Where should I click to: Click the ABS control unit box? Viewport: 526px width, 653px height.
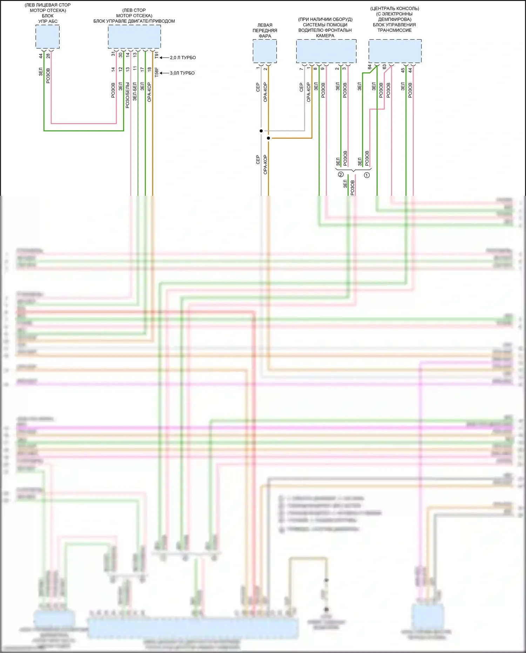point(48,36)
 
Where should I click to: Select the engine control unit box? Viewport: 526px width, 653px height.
point(134,36)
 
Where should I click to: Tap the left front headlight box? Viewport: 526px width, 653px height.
point(265,51)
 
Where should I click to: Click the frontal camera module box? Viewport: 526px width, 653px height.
point(326,51)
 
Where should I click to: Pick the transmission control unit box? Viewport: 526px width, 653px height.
point(395,51)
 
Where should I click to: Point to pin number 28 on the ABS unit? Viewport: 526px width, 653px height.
point(48,55)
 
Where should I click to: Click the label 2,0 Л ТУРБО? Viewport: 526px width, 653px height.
point(183,58)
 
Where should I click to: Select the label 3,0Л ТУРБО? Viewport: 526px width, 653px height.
point(182,73)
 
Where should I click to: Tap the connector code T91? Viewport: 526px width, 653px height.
point(156,55)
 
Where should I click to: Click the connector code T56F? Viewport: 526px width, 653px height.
point(156,72)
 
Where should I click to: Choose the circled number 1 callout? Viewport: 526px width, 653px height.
point(367,175)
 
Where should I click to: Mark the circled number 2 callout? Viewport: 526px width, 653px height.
point(340,174)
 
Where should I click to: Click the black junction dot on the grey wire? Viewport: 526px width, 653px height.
point(261,131)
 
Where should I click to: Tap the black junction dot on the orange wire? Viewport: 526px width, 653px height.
point(268,138)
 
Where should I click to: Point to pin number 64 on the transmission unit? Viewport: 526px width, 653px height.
point(370,67)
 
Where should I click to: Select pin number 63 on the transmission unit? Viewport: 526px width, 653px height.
point(384,67)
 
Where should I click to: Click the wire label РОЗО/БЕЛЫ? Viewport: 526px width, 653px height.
point(128,95)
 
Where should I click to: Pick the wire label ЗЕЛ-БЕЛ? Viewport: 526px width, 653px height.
point(135,92)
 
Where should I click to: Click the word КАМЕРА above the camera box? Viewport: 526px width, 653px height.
point(325,36)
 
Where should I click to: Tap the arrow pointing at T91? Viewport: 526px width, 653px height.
point(164,58)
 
